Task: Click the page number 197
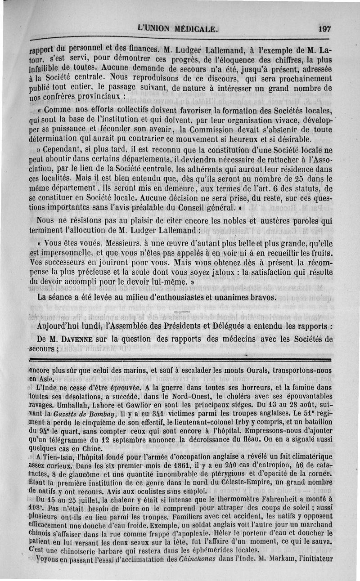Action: (324, 28)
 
